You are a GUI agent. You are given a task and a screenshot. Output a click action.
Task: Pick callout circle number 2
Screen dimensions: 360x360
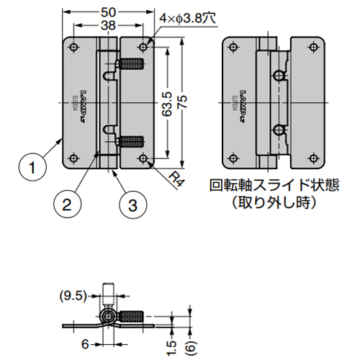(66, 204)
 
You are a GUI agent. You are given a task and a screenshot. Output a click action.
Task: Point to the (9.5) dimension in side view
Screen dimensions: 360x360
(72, 294)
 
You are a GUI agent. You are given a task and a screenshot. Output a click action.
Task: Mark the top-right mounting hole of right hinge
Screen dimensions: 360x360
(313, 48)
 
